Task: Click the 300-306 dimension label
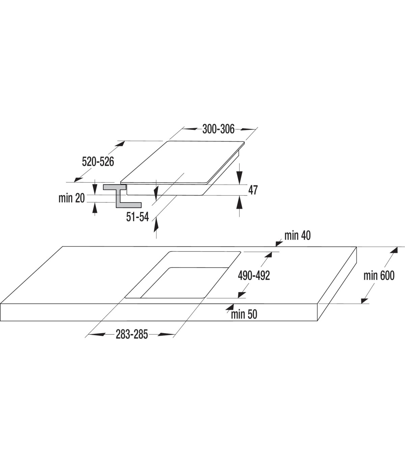(218, 129)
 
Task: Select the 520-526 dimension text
(98, 162)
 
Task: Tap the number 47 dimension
(253, 190)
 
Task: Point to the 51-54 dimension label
(138, 217)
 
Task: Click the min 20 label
(72, 198)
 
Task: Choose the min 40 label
(298, 236)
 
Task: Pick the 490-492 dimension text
(254, 275)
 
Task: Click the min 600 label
(379, 275)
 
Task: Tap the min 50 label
(244, 314)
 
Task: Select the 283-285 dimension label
(132, 334)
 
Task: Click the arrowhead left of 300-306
(189, 129)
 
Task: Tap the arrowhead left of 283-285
(97, 334)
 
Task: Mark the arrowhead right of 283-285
(167, 334)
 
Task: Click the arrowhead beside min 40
(279, 244)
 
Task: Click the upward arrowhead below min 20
(95, 208)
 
